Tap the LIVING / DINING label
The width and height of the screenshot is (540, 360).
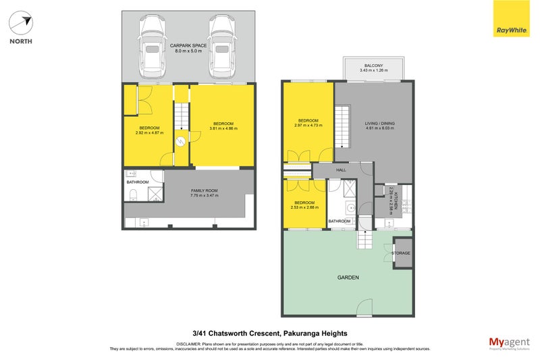(381, 124)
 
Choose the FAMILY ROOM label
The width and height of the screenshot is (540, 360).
(189, 192)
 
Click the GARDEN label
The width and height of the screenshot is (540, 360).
(348, 278)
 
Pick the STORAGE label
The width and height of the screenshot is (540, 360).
(402, 253)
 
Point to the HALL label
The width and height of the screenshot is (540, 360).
(341, 170)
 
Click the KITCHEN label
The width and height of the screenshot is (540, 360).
(397, 201)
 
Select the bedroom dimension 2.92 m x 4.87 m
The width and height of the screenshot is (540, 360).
(150, 132)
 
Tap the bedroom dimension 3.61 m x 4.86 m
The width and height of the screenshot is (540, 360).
(223, 128)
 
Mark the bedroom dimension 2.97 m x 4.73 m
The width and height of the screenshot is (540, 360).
(308, 125)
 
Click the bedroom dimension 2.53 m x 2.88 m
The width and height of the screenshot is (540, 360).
(304, 206)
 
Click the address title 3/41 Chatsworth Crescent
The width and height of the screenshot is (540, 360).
(270, 333)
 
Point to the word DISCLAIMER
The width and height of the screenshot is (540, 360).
(192, 344)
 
